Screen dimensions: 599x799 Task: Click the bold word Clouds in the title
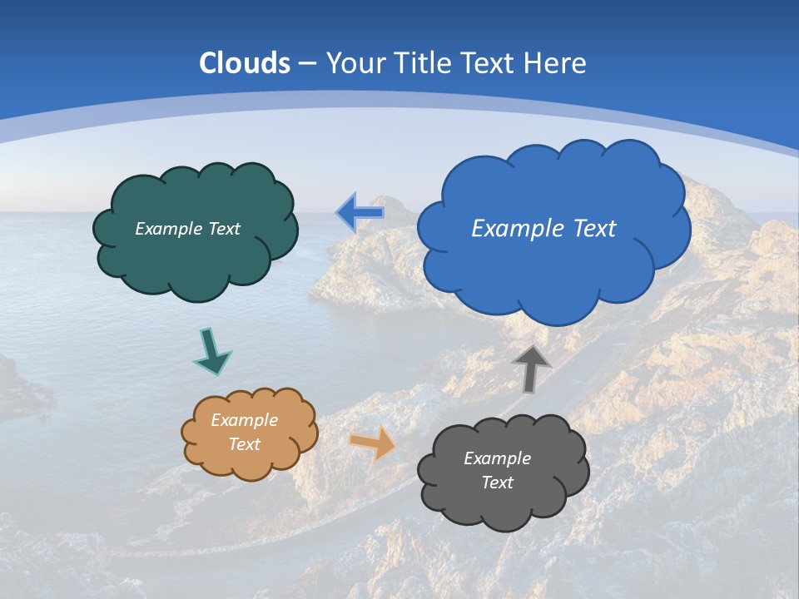click(x=245, y=63)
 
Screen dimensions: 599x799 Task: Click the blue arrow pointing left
click(x=360, y=213)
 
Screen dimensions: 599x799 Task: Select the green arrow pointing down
click(x=211, y=352)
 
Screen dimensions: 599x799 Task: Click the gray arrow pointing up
click(x=531, y=369)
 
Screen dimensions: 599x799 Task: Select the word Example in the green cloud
click(x=167, y=229)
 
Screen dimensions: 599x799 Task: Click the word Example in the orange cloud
click(x=244, y=420)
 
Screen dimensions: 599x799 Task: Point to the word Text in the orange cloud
click(x=244, y=444)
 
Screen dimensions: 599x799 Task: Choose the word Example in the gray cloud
click(x=497, y=458)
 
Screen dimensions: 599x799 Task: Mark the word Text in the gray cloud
click(x=497, y=483)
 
